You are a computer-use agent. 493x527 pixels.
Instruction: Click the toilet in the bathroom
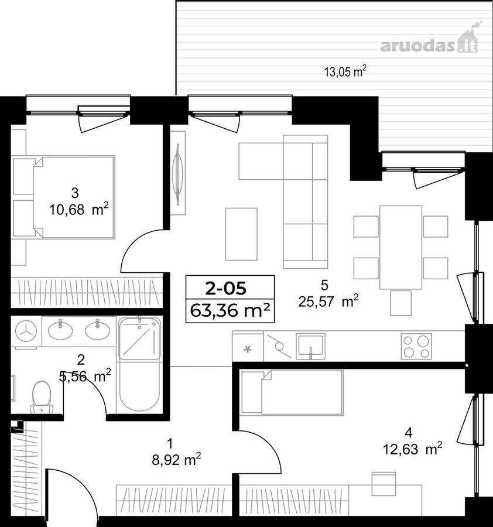click(x=42, y=397)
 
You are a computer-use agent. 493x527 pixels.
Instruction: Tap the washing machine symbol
click(x=26, y=332)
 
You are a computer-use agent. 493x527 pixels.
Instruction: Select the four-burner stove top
click(x=416, y=346)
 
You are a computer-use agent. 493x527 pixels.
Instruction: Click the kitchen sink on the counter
click(x=310, y=346)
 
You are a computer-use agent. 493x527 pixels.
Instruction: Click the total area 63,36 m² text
click(x=230, y=311)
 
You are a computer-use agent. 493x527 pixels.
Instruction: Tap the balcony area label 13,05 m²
click(x=345, y=71)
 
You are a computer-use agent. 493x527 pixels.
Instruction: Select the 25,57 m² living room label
click(x=328, y=302)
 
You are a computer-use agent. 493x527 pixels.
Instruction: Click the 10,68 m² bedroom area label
click(x=79, y=210)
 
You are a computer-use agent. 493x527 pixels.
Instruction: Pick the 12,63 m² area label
click(x=413, y=449)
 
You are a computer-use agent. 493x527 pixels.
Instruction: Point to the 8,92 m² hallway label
click(x=176, y=460)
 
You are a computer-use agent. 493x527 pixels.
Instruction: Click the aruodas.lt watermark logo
click(x=431, y=42)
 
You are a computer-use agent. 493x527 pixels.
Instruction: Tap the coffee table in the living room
click(x=241, y=234)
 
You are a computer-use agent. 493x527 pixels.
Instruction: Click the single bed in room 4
click(x=292, y=392)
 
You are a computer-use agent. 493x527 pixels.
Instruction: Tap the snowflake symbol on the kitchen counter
click(x=248, y=349)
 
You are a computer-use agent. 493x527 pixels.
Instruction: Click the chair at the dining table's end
click(x=400, y=303)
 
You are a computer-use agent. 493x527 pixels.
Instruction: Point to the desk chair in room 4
click(x=384, y=484)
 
